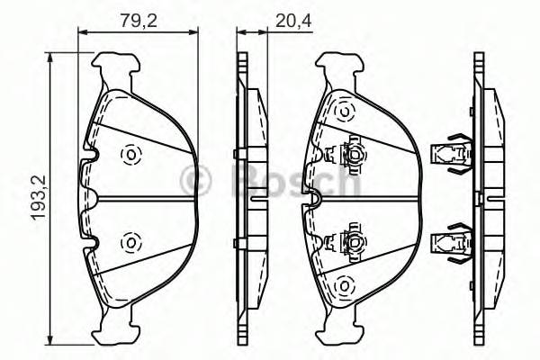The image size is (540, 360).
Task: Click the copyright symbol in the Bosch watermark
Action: (195, 178)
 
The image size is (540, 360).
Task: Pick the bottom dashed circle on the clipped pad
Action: (343, 285)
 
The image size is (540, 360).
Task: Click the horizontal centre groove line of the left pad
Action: (144, 198)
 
